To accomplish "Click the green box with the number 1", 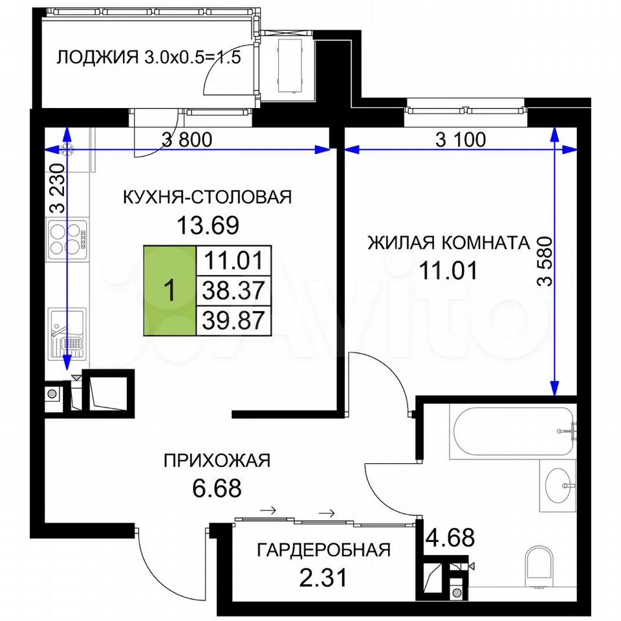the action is click(x=169, y=290).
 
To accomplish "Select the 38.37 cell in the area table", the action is click(x=234, y=290).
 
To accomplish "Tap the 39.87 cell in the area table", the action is click(x=234, y=320).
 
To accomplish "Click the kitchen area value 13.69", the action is click(x=208, y=226).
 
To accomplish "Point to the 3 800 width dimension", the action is click(x=187, y=140).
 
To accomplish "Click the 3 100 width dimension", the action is click(x=461, y=140).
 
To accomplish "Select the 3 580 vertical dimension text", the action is click(x=545, y=261).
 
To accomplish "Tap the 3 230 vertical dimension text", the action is click(x=58, y=188).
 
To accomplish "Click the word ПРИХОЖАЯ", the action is click(x=217, y=461).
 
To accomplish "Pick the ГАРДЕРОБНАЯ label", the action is click(x=324, y=550).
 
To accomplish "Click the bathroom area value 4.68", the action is click(x=450, y=538).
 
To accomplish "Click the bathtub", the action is click(x=512, y=431).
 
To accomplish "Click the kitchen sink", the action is click(x=67, y=334).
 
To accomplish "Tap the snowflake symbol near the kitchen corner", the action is click(x=66, y=149).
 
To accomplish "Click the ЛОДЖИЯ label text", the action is click(x=98, y=58).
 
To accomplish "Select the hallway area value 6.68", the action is click(x=217, y=488).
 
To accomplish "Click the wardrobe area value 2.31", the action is click(x=323, y=578).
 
